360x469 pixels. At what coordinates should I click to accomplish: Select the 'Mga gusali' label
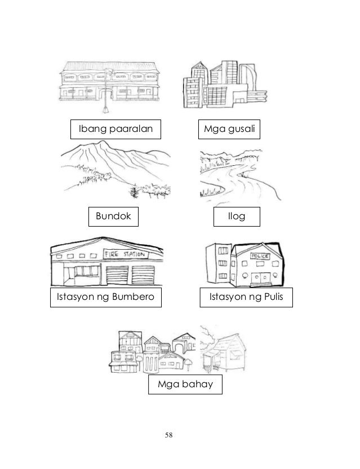[x=229, y=130]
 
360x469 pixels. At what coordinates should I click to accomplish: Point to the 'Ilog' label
[x=235, y=216]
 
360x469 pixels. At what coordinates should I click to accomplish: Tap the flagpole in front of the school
[x=105, y=90]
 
